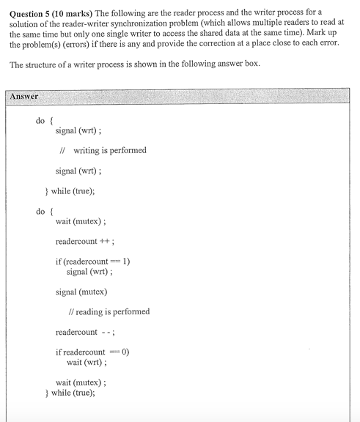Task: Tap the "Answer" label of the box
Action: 25,96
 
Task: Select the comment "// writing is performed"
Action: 103,150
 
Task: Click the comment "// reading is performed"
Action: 109,311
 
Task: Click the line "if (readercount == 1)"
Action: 92,262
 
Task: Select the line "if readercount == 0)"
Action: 92,352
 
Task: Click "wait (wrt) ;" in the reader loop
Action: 87,361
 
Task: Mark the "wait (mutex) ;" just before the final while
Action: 81,382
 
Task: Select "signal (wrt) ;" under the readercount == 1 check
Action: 89,271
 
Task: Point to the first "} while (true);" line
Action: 70,191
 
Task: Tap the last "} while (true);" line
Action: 70,392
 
